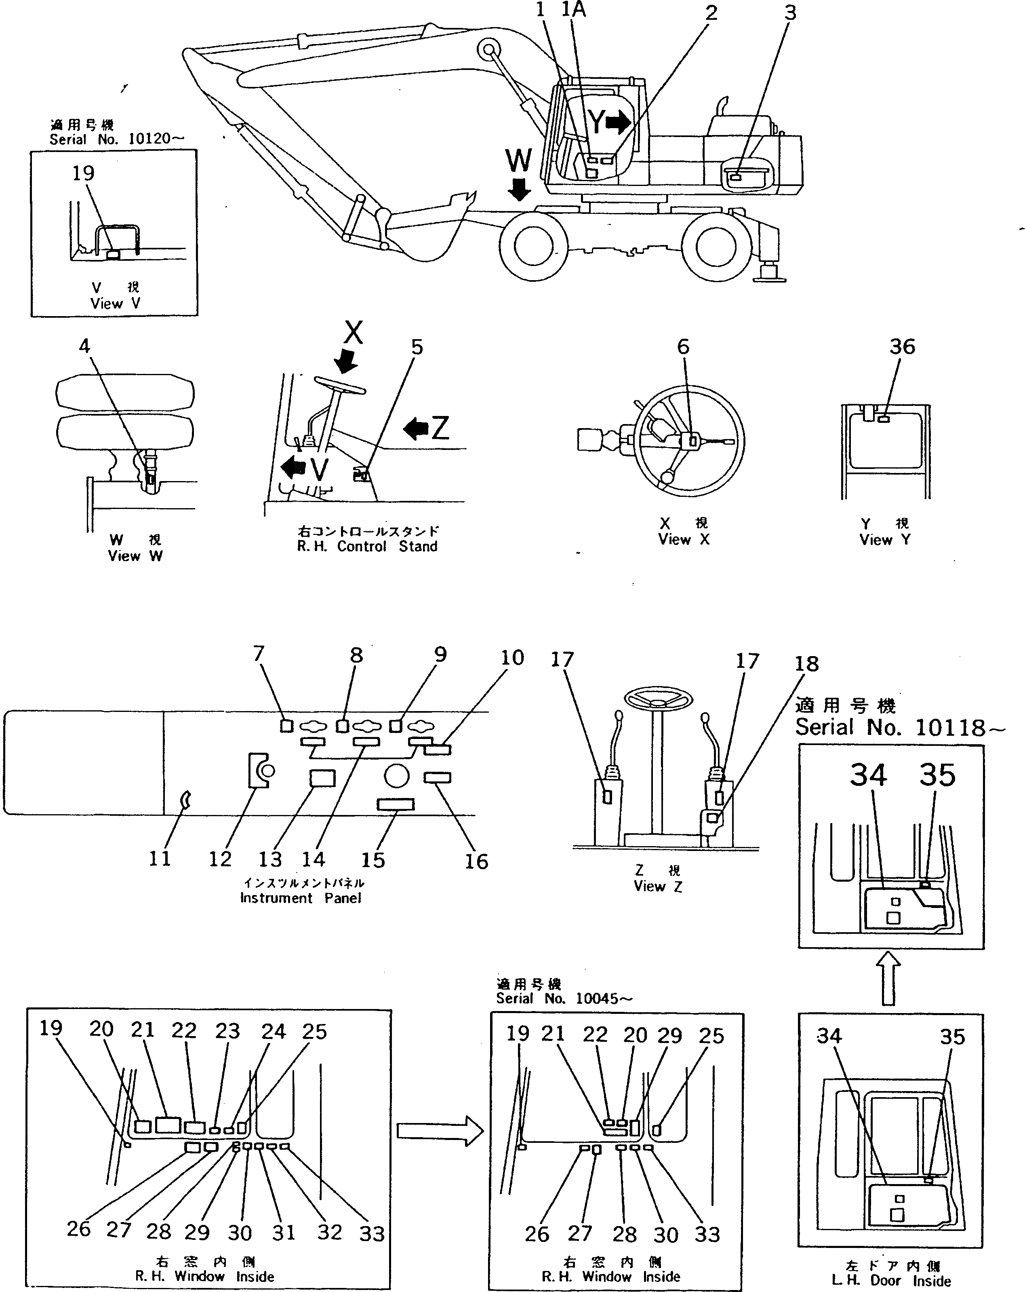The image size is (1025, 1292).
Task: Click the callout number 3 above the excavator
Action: [x=790, y=13]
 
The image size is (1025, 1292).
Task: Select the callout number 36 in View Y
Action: [x=902, y=346]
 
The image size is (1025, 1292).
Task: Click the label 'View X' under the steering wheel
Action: [x=684, y=539]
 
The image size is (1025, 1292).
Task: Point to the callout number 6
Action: [x=683, y=346]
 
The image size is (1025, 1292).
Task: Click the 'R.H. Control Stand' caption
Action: [x=367, y=546]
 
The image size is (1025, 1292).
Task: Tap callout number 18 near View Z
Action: [x=806, y=664]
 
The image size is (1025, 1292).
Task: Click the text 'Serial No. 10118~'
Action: [x=899, y=728]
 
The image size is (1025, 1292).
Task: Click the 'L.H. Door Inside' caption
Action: [x=891, y=1281]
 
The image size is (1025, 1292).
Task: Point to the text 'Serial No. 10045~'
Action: [x=563, y=999]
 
